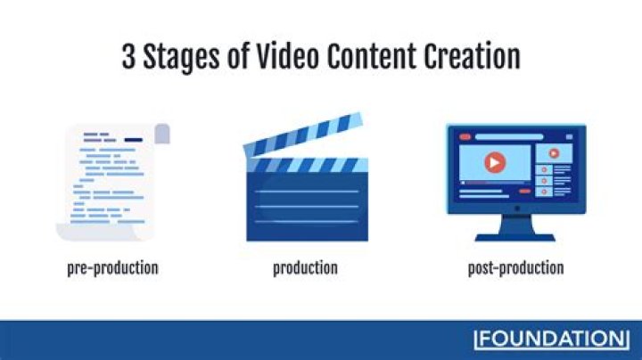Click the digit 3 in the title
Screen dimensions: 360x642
[130, 57]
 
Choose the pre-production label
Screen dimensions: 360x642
[112, 267]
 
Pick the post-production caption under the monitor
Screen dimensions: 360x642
[515, 267]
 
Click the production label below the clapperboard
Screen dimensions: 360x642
[305, 267]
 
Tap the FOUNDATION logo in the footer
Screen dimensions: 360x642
[550, 340]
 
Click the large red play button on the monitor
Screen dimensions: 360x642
[492, 163]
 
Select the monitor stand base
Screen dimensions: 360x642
[515, 237]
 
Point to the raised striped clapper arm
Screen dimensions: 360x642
[301, 137]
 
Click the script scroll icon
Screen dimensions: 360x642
[112, 183]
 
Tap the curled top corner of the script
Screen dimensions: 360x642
[161, 134]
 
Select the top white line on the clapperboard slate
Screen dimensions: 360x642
[307, 190]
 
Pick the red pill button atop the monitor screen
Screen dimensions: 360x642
[465, 138]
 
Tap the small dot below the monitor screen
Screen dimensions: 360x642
[515, 209]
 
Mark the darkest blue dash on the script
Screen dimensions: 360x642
[133, 140]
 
